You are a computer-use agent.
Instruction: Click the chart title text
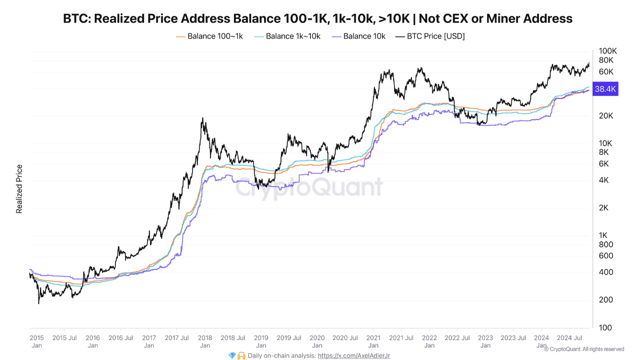(317, 18)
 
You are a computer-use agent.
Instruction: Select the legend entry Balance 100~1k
(215, 36)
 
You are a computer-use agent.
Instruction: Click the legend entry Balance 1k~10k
(293, 36)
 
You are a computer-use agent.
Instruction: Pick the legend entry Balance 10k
(364, 36)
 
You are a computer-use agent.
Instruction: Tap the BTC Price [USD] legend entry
(435, 36)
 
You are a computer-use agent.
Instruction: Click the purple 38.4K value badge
(605, 89)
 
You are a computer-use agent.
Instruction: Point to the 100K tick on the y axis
(608, 51)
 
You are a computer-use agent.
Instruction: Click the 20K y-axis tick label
(606, 115)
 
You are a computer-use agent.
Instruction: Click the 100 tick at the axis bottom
(605, 327)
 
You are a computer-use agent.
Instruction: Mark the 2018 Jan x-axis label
(204, 341)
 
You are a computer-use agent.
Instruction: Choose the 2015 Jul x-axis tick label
(65, 337)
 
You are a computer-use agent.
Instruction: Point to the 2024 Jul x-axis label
(570, 337)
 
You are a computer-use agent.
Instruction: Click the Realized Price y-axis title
(19, 189)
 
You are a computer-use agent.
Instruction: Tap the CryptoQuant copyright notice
(583, 349)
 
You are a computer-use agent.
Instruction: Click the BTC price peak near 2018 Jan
(202, 118)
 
